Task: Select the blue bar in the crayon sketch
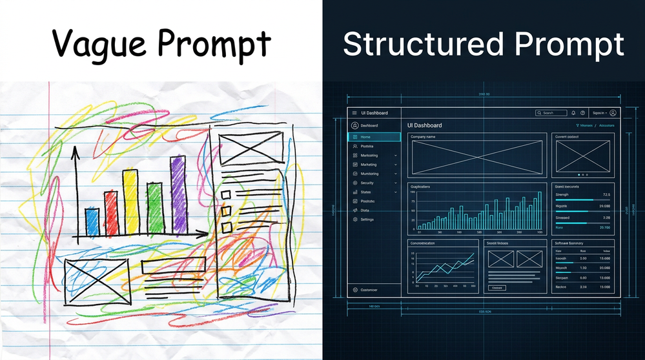[x=92, y=222]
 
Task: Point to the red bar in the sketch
[x=111, y=212]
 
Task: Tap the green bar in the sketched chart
[x=154, y=208]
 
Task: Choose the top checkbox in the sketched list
[x=227, y=194]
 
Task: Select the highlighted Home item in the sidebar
[x=374, y=137]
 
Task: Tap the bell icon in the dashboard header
[x=573, y=113]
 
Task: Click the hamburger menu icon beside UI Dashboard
[x=354, y=113]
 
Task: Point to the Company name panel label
[x=423, y=137]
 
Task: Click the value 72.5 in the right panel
[x=606, y=194]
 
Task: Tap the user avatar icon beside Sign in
[x=613, y=113]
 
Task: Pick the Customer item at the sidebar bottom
[x=369, y=290]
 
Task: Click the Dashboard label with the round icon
[x=369, y=125]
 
